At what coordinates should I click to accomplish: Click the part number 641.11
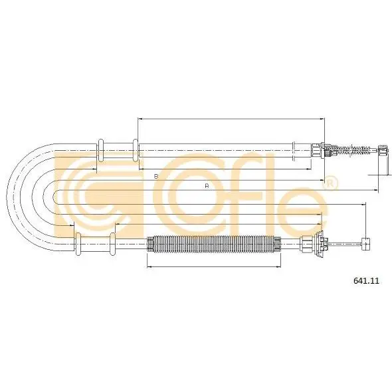tap(366, 281)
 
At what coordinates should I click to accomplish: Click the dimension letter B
tap(156, 176)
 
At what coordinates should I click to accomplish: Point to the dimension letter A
tap(207, 186)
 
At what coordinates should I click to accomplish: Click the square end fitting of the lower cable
tap(366, 243)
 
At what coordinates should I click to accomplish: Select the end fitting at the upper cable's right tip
tap(383, 151)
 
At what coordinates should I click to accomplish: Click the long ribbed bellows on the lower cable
tap(214, 244)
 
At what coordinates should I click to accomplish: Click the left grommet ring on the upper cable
tap(100, 150)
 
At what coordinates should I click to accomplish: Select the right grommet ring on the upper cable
tap(136, 150)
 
